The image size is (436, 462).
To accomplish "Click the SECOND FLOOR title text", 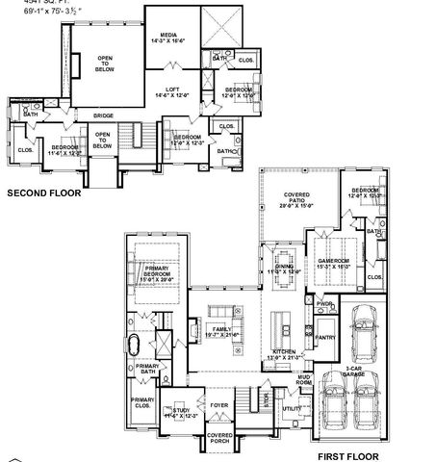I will [x=43, y=192].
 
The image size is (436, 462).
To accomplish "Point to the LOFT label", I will [x=173, y=90].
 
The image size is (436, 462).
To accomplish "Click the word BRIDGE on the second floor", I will [x=103, y=115].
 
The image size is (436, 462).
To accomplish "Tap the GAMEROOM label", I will [x=331, y=261].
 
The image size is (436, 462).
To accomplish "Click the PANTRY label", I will [x=324, y=338].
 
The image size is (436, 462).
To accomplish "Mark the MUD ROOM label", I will [x=303, y=380].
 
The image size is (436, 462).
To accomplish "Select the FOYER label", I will [x=219, y=405].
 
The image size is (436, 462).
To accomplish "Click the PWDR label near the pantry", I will [x=324, y=304].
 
